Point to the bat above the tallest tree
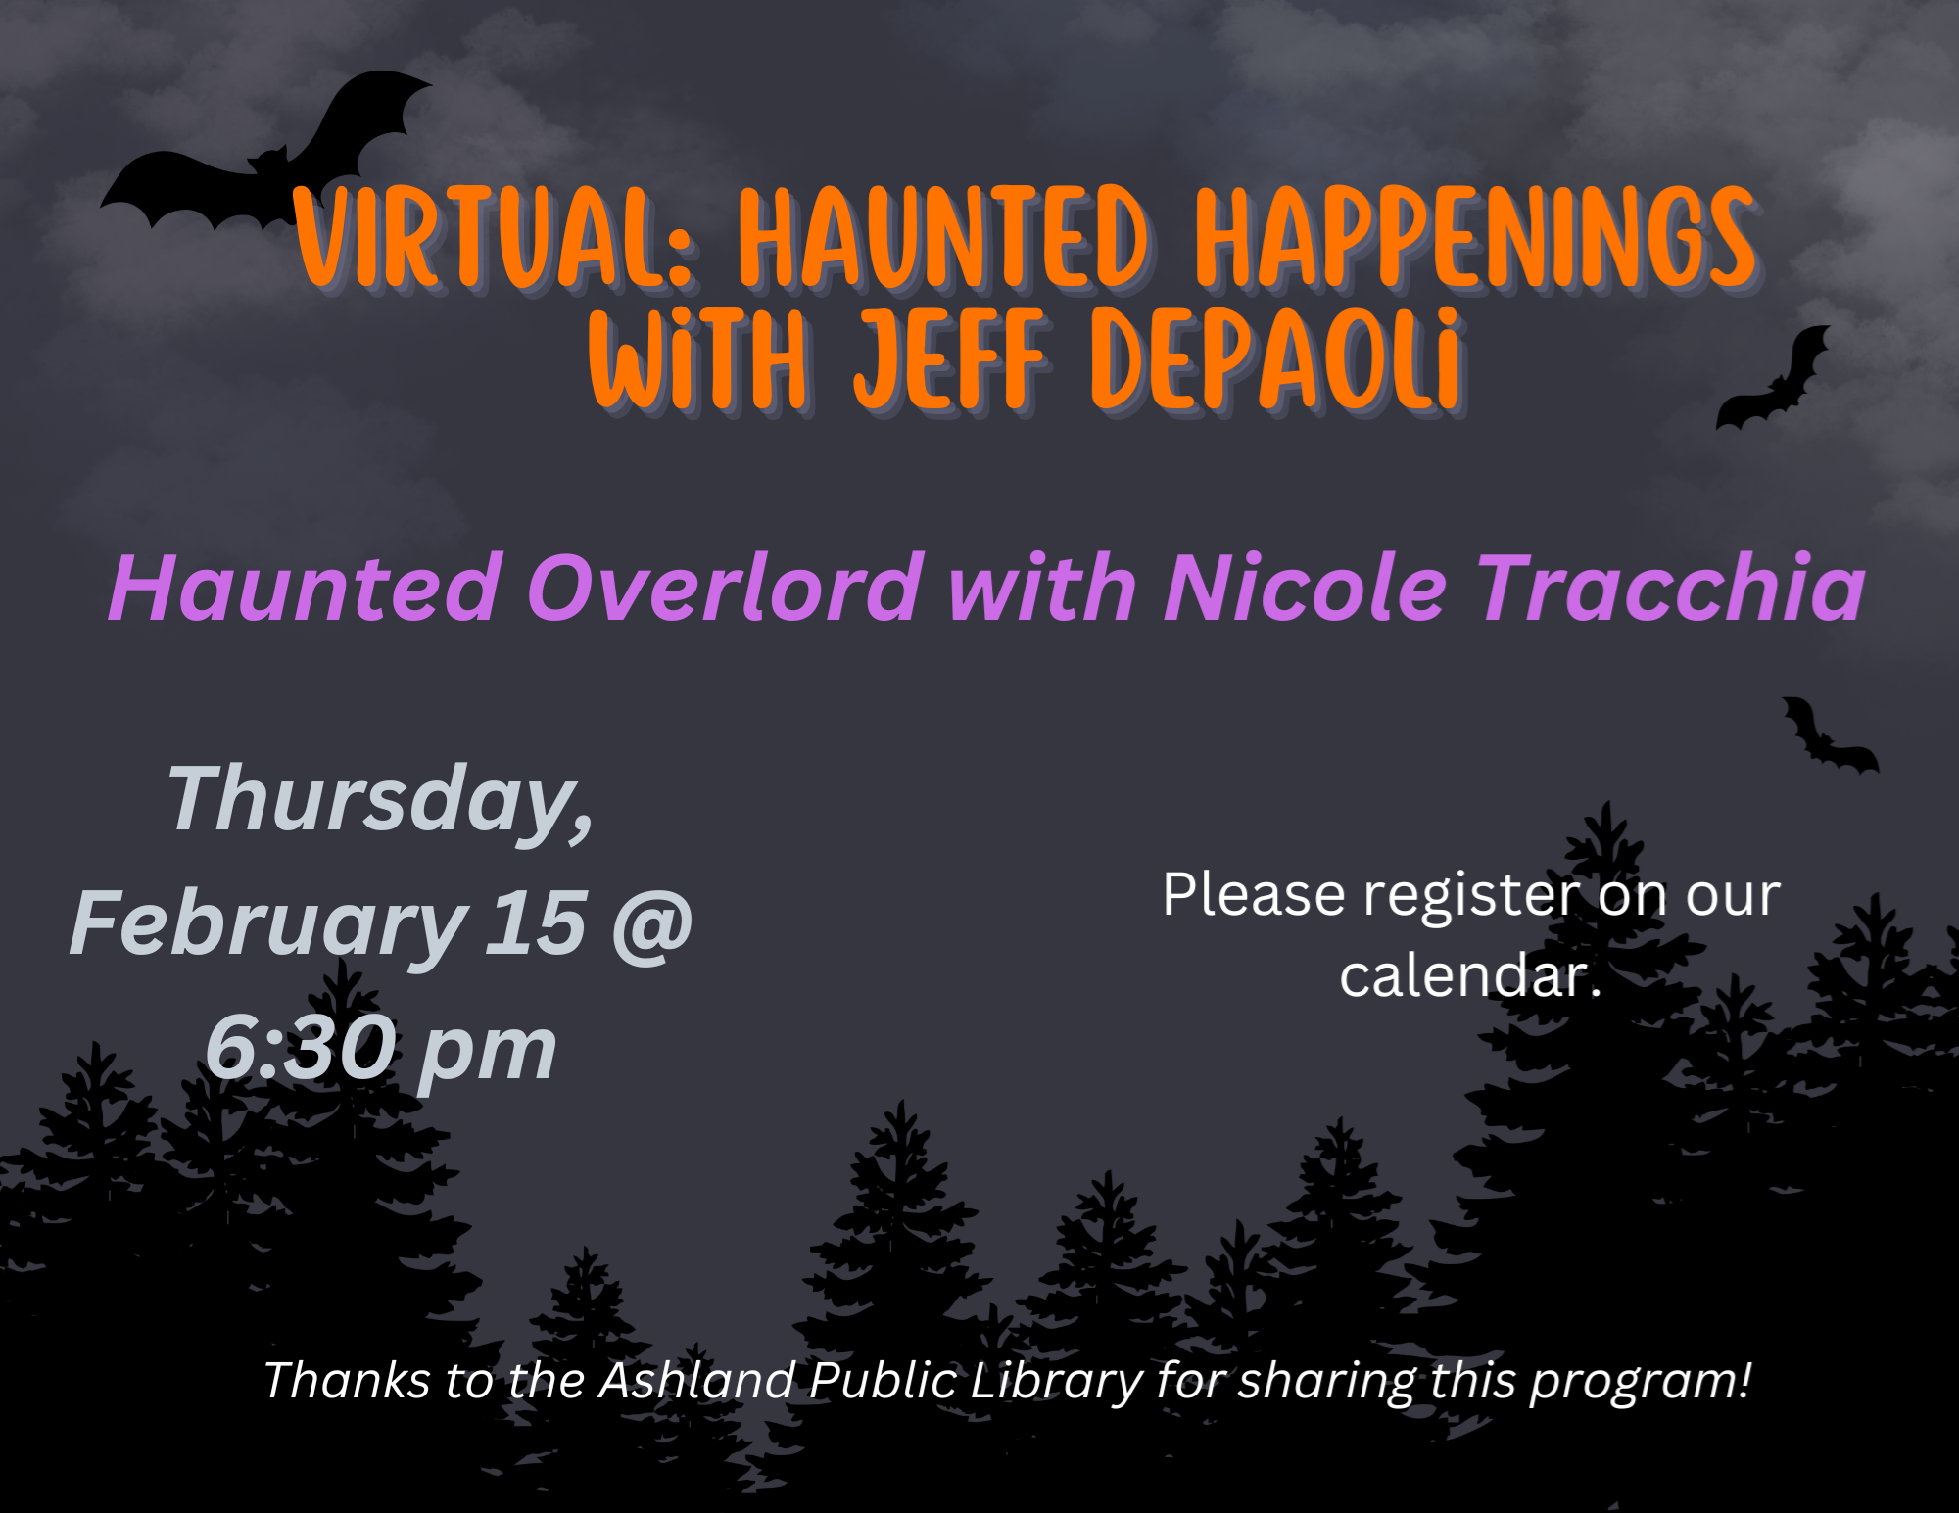point(1828,736)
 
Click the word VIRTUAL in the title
point(496,239)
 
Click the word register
point(1470,897)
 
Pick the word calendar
point(1464,976)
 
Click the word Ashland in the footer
point(696,1381)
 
